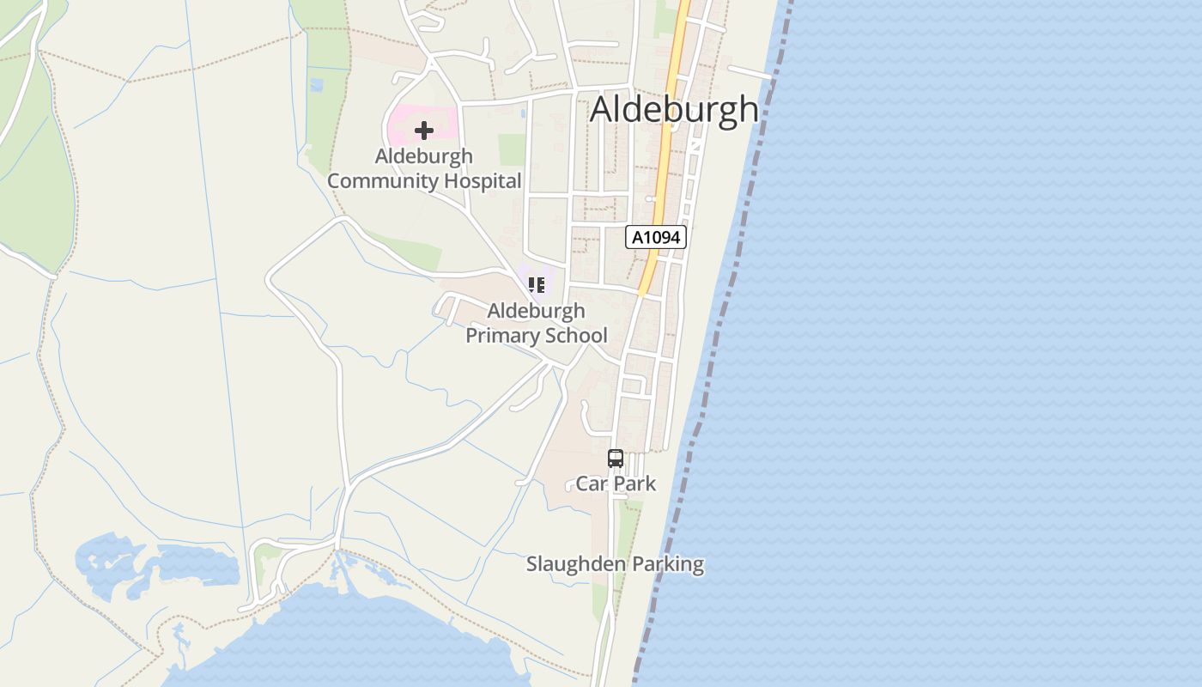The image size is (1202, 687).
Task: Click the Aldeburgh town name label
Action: point(675,110)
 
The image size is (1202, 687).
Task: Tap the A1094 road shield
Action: point(657,237)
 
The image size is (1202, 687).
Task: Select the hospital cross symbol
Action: point(424,131)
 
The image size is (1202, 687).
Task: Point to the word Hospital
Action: point(483,181)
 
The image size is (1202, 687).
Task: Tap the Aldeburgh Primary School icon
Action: point(537,284)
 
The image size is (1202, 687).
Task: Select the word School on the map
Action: point(574,335)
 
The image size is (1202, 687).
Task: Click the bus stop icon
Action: point(616,459)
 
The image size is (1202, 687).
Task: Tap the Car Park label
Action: point(616,483)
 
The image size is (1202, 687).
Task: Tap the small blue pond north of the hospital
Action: point(317,85)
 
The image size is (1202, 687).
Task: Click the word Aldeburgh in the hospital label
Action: point(423,156)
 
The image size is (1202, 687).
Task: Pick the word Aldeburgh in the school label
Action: point(536,310)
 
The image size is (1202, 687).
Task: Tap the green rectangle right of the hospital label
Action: point(512,149)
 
